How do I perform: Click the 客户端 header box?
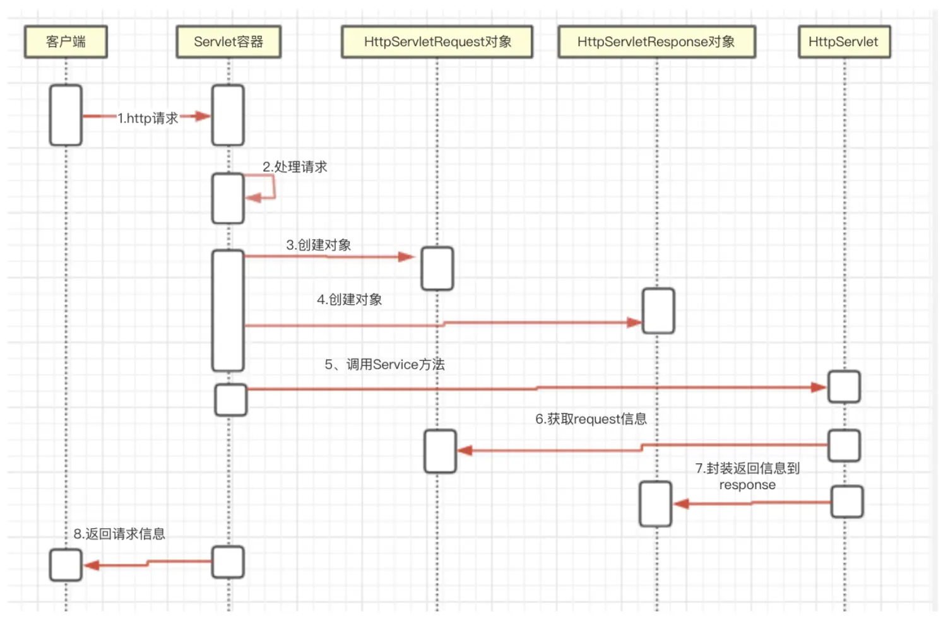pos(66,42)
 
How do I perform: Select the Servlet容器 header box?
pos(228,42)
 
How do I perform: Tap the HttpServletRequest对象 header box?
pos(437,42)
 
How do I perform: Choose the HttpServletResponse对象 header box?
pos(657,42)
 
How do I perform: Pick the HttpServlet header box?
pos(844,42)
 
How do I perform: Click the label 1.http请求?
pos(148,118)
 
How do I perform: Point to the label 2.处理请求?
pos(295,167)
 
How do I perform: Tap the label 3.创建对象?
pos(319,245)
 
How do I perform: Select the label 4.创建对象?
pos(350,300)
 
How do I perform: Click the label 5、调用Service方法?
pos(385,364)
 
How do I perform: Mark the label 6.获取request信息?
pos(591,419)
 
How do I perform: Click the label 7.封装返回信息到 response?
pos(747,476)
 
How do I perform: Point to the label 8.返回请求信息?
pos(119,534)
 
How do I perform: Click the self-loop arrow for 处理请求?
pos(259,187)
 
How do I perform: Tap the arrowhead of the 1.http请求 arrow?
pos(203,116)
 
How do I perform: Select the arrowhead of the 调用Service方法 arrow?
pos(819,387)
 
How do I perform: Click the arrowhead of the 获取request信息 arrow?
pos(465,451)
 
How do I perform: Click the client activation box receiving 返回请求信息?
pos(66,565)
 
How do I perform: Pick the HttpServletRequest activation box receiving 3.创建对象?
pos(437,268)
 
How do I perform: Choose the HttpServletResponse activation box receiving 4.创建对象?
pos(658,311)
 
